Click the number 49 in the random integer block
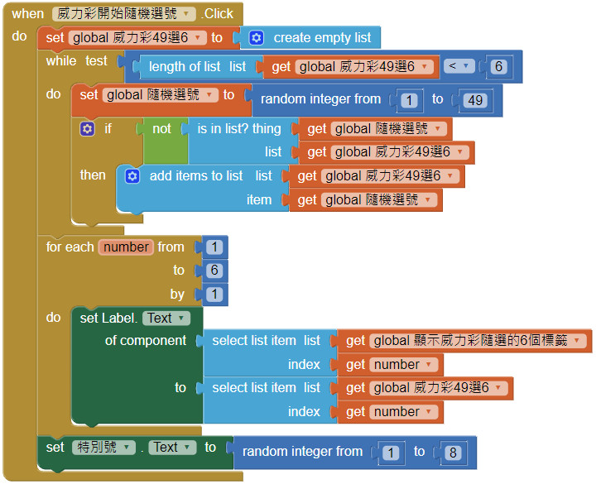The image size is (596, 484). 474,100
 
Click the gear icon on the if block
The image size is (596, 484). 87,129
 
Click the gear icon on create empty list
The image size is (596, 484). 257,38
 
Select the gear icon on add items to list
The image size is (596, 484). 132,176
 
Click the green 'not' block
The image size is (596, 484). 161,129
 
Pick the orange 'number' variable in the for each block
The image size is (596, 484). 127,247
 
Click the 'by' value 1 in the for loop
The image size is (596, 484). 214,295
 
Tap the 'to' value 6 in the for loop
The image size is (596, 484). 214,271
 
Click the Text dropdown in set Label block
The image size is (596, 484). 166,319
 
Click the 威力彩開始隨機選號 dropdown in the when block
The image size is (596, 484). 124,14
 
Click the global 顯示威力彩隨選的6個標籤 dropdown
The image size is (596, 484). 479,341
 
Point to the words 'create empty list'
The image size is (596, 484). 322,38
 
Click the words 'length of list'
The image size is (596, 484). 185,66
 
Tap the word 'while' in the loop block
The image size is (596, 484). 61,60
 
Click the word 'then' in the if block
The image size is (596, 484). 93,175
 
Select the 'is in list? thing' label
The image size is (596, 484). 239,129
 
